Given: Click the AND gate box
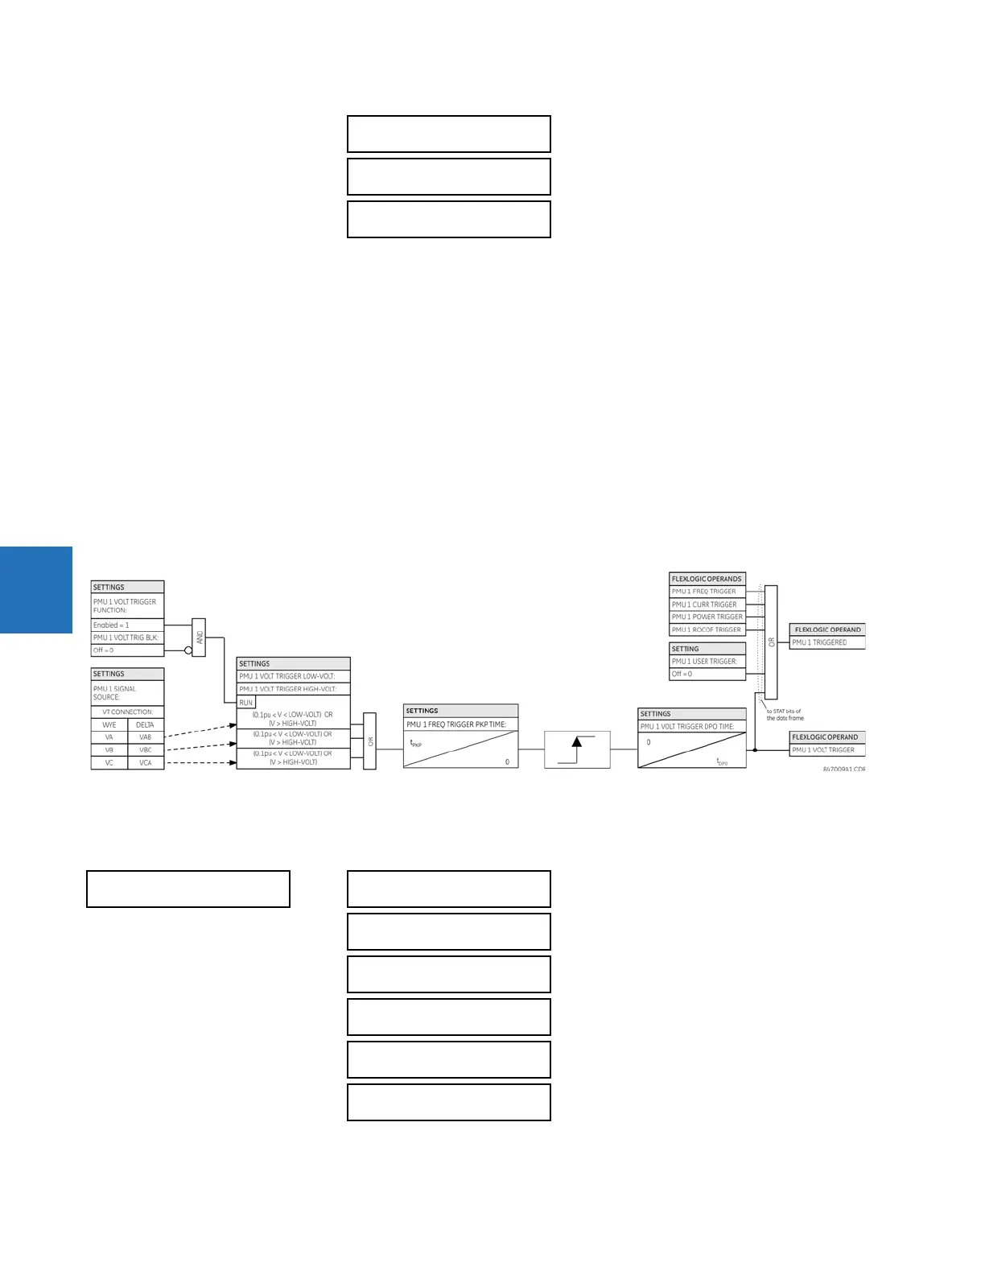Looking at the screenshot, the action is pos(199,637).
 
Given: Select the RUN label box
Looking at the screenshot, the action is pos(246,703).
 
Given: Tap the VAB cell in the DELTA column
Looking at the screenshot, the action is pos(146,737).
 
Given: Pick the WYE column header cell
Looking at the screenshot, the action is pos(109,724).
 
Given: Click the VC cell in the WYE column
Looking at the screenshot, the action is pos(109,762).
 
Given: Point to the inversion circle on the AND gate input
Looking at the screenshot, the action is pos(188,650).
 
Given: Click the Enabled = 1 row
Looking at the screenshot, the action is pos(127,625).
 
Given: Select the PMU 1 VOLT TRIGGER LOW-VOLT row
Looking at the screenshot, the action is pos(293,676).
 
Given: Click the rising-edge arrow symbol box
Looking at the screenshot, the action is pos(577,750).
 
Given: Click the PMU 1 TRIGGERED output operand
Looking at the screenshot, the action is pos(826,642).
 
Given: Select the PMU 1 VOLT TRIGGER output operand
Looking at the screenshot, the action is pos(826,750).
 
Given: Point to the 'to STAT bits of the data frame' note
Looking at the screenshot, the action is pos(785,715).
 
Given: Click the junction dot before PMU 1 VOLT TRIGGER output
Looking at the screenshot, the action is pos(755,750).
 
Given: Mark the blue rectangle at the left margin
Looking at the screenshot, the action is pos(36,590).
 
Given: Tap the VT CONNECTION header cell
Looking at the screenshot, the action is pos(127,712).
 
